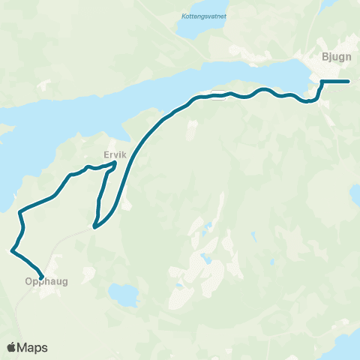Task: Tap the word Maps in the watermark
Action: (33, 347)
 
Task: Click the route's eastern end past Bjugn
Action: (349, 81)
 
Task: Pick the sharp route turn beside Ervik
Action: (115, 163)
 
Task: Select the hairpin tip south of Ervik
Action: (94, 226)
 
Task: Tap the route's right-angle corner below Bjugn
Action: (322, 82)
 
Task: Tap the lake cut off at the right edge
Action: (355, 196)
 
